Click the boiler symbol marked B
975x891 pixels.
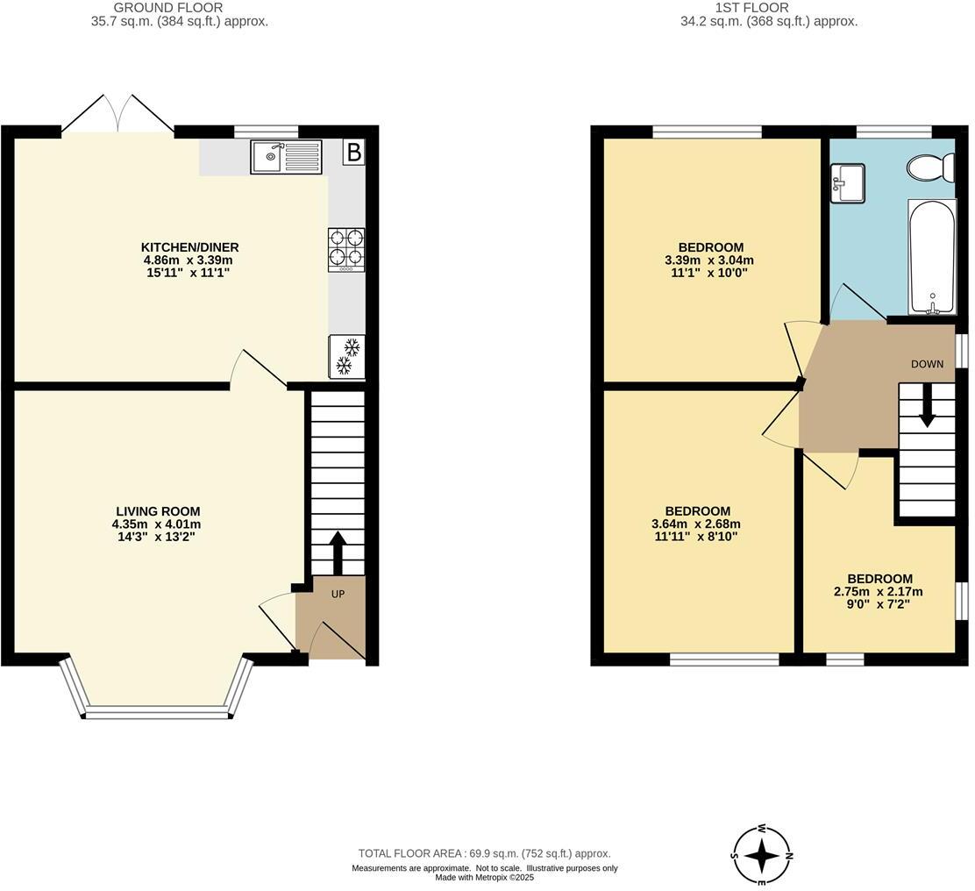click(353, 153)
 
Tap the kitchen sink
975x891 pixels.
click(287, 157)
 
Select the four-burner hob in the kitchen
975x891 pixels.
click(346, 249)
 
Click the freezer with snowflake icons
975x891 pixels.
click(346, 356)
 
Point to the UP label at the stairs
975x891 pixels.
click(338, 594)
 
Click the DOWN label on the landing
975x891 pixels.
click(927, 364)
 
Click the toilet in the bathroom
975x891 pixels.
click(931, 167)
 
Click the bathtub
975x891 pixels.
click(931, 256)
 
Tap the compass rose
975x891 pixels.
click(763, 854)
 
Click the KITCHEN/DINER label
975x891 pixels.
click(190, 247)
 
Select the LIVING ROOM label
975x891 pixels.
click(158, 511)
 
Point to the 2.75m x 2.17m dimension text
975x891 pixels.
click(879, 592)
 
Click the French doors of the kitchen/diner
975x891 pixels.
click(118, 114)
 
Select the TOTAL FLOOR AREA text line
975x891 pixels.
click(484, 853)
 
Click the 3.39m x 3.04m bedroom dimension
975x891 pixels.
click(709, 260)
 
